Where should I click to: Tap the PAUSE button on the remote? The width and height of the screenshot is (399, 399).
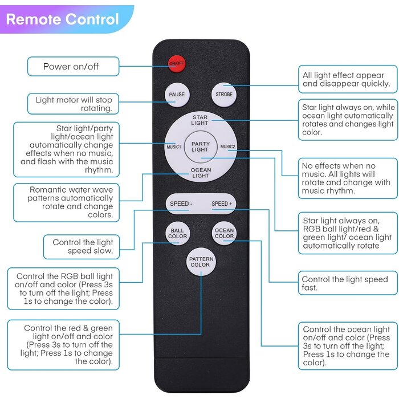pyautogui.click(x=177, y=95)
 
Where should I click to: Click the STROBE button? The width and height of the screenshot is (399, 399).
pyautogui.click(x=224, y=95)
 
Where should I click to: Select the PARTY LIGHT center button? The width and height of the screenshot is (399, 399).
pyautogui.click(x=201, y=147)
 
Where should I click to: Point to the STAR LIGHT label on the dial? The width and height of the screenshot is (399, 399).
pyautogui.click(x=200, y=120)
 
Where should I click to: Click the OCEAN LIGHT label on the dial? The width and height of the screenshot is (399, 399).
pyautogui.click(x=201, y=173)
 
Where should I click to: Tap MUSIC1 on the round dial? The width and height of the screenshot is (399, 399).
pyautogui.click(x=174, y=147)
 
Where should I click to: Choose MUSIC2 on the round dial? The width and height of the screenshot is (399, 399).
pyautogui.click(x=227, y=147)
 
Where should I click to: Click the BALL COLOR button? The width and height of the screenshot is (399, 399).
pyautogui.click(x=177, y=233)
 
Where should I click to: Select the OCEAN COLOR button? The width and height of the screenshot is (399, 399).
pyautogui.click(x=224, y=233)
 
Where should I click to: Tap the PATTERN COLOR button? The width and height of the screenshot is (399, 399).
pyautogui.click(x=201, y=262)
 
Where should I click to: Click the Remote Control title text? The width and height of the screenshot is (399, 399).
pyautogui.click(x=62, y=19)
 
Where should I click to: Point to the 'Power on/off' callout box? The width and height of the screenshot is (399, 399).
pyautogui.click(x=74, y=67)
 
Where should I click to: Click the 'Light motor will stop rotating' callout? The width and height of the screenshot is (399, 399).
pyautogui.click(x=74, y=104)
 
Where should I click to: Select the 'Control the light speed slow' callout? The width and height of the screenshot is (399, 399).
pyautogui.click(x=82, y=247)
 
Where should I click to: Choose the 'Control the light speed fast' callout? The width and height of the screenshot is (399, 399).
pyautogui.click(x=348, y=283)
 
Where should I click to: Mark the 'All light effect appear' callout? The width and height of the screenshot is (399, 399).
pyautogui.click(x=348, y=79)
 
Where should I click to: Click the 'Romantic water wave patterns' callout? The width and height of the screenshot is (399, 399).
pyautogui.click(x=67, y=202)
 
